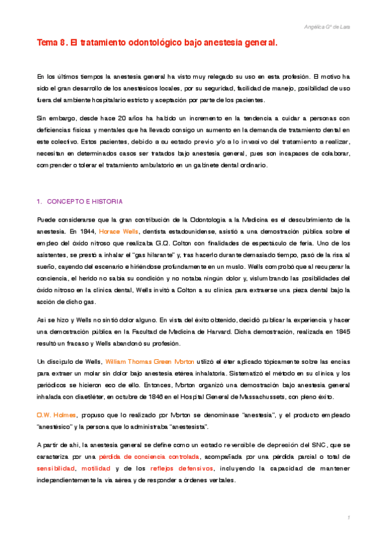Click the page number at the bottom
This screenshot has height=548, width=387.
tap(348, 518)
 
